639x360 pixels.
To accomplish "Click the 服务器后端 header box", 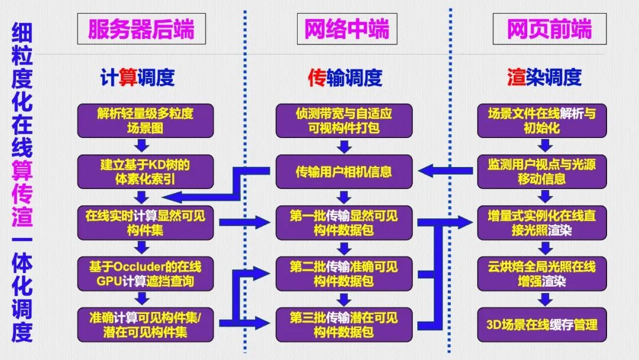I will pos(141,29).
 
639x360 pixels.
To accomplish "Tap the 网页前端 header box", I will pos(549,29).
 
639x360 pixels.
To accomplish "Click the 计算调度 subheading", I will pos(137,77).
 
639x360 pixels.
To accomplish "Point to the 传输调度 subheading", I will pos(345,77).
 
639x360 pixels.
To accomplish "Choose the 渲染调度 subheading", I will pos(544,77).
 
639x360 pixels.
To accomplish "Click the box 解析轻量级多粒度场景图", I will pos(146,121).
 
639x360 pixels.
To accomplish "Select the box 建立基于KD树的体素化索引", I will pos(146,171).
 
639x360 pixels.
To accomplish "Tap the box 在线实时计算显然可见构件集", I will pos(146,223).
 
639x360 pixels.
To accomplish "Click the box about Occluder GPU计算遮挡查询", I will pos(146,274).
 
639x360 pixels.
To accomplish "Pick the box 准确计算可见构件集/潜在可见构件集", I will pos(146,324).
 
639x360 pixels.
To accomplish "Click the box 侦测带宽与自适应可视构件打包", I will pos(344,121).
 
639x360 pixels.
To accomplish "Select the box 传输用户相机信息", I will pos(344,172).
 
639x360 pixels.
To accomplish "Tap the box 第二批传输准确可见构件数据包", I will pos(344,274).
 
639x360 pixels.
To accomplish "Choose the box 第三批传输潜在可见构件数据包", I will pos(344,324).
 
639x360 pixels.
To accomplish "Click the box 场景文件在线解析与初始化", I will pos(542,121).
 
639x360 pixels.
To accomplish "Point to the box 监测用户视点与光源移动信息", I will pos(542,171).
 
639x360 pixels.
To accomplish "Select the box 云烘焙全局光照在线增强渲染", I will pos(542,274).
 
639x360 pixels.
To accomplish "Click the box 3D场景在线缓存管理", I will pos(542,324).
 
